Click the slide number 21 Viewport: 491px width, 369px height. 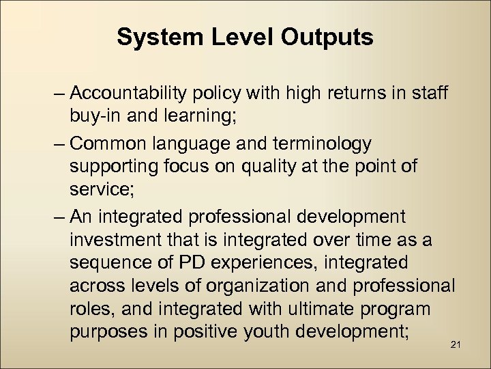point(456,344)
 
